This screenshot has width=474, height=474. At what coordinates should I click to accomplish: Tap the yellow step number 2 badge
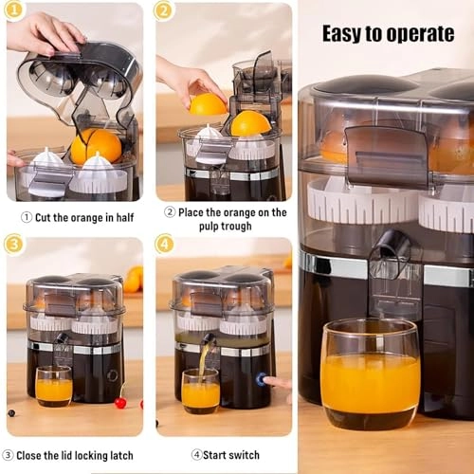164,12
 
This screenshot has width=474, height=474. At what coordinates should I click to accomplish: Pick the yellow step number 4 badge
164,244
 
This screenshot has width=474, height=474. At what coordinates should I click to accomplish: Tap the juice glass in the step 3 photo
53,386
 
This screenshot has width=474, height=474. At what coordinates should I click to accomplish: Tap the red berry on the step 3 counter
120,403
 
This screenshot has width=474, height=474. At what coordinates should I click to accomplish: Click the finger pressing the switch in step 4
277,383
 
